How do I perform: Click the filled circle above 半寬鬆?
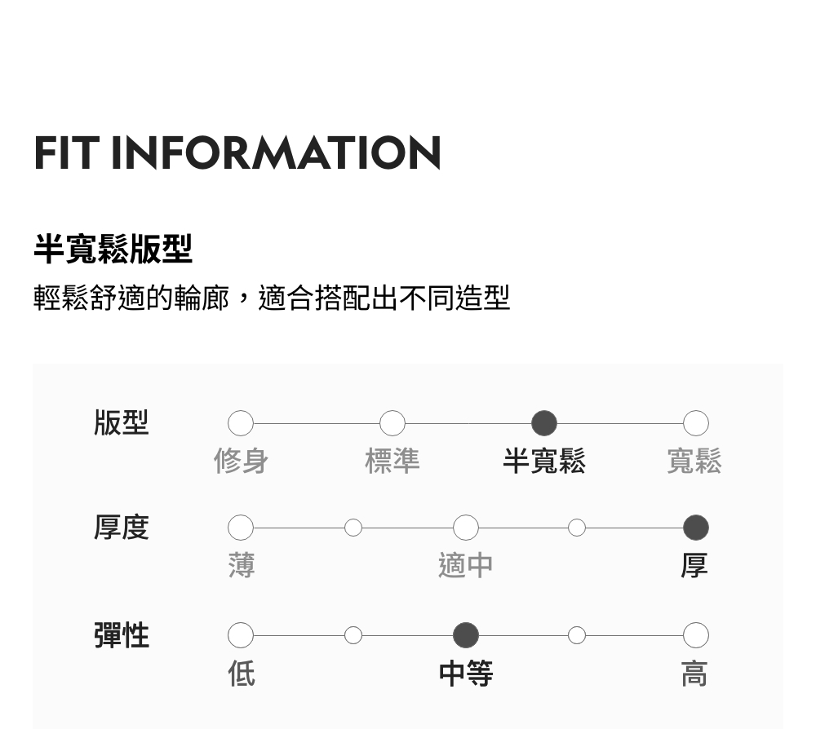pyautogui.click(x=544, y=423)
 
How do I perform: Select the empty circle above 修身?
pyautogui.click(x=241, y=423)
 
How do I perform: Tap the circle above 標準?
pyautogui.click(x=392, y=423)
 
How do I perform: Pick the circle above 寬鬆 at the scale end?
pyautogui.click(x=695, y=423)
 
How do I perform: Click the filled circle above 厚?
pyautogui.click(x=695, y=528)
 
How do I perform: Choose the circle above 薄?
pyautogui.click(x=241, y=528)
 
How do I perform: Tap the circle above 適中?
pyautogui.click(x=466, y=528)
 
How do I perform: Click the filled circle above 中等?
pyautogui.click(x=466, y=635)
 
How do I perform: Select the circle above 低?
pyautogui.click(x=241, y=635)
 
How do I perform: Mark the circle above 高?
pyautogui.click(x=695, y=635)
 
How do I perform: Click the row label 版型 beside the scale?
pyautogui.click(x=122, y=423)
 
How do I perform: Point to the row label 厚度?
pyautogui.click(x=122, y=528)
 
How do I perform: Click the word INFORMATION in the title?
pyautogui.click(x=276, y=153)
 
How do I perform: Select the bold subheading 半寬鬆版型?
pyautogui.click(x=113, y=249)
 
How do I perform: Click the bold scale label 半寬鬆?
pyautogui.click(x=544, y=462)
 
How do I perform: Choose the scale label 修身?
pyautogui.click(x=241, y=462)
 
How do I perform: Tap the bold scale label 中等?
pyautogui.click(x=466, y=674)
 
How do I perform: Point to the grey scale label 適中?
pyautogui.click(x=466, y=565)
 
